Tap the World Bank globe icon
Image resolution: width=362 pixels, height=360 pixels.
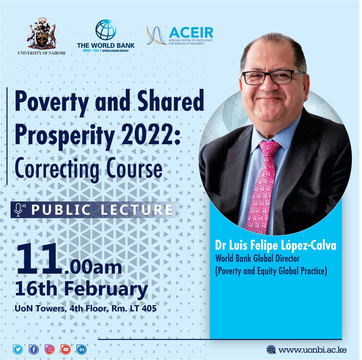pos(106,30)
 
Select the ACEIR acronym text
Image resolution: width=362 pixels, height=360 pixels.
pos(191,33)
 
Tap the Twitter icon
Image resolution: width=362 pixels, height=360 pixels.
pos(18,349)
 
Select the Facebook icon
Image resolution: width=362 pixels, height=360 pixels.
pos(34,349)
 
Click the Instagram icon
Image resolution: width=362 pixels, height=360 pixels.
pos(50,349)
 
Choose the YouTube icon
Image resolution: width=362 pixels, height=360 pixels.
pos(66,349)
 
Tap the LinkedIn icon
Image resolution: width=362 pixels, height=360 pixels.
pos(81,349)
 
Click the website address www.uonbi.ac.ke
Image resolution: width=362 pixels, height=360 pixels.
pos(312,350)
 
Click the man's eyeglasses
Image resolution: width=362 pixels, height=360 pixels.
pos(273,77)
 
